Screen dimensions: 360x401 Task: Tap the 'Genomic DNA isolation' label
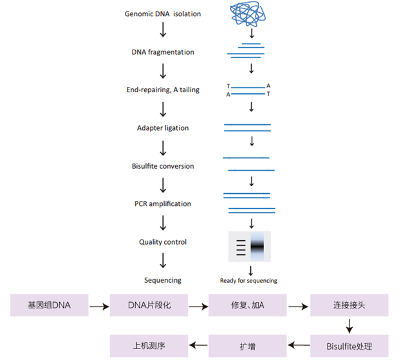(x=163, y=14)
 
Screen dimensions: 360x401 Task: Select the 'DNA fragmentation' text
(x=163, y=52)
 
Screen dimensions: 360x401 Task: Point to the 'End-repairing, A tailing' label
(x=163, y=90)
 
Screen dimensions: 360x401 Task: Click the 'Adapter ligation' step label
(x=163, y=128)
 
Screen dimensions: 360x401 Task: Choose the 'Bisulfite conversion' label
(x=163, y=166)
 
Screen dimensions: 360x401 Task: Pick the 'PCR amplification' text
(x=163, y=204)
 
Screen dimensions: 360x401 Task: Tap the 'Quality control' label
(x=163, y=242)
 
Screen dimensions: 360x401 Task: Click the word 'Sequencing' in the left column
(x=163, y=280)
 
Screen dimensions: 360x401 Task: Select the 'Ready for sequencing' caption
(x=248, y=281)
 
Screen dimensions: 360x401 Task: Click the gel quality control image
(x=250, y=247)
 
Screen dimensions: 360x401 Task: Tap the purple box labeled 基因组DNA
(x=49, y=305)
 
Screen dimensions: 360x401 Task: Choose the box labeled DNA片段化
(x=149, y=305)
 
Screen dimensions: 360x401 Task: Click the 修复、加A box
(x=248, y=305)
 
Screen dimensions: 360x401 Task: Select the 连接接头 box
(x=350, y=305)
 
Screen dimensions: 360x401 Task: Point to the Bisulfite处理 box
(x=350, y=345)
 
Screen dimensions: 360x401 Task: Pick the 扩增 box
(x=248, y=345)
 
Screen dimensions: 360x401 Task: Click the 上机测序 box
(x=149, y=345)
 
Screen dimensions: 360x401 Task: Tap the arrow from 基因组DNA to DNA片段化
(x=98, y=307)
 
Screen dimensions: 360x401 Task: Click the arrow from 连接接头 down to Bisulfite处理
(x=350, y=326)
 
